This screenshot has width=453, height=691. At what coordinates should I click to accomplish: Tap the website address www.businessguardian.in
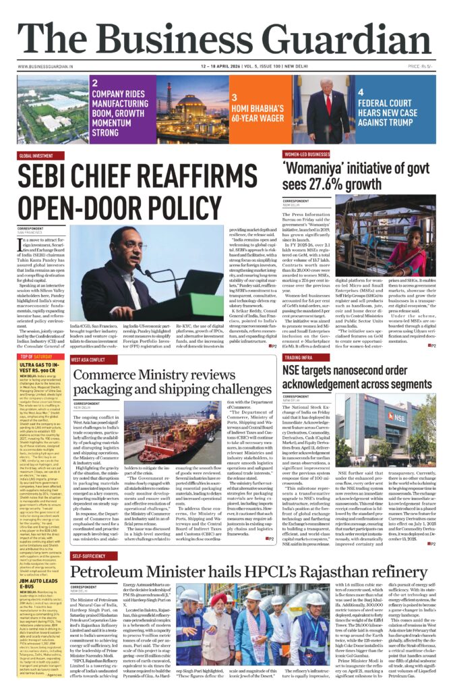[x=45, y=67]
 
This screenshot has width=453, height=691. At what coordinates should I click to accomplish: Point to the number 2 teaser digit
[x=95, y=82]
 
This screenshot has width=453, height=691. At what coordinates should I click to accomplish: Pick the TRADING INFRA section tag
[x=303, y=358]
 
